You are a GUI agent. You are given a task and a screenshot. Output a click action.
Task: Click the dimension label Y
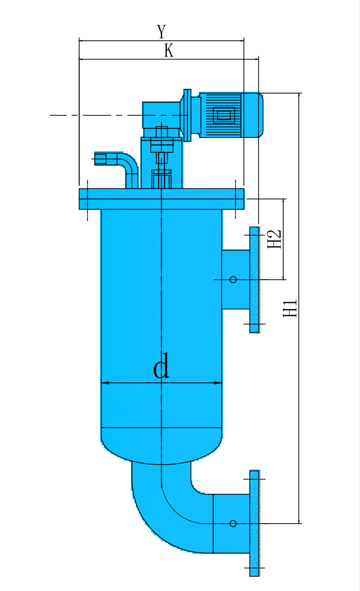point(161,32)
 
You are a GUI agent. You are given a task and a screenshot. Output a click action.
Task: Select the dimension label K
point(169,51)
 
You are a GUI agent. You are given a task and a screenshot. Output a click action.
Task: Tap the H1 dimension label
point(290,308)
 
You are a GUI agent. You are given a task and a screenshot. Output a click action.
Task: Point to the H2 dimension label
point(274,239)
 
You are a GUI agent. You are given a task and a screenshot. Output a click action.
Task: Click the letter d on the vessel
point(161,367)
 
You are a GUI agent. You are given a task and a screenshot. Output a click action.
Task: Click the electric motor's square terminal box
point(224,116)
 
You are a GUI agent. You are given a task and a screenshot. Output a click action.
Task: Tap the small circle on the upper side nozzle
point(233,280)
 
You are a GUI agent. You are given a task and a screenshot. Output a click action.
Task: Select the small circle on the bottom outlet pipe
point(233,523)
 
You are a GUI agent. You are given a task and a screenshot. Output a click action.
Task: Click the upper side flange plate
point(254,280)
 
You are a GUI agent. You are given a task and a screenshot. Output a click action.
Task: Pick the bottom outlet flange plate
point(254,523)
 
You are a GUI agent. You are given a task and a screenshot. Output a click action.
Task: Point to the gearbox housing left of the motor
point(161,115)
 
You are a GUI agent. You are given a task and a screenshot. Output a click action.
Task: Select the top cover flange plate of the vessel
point(161,199)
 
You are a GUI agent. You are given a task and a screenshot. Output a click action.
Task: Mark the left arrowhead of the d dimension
point(104,383)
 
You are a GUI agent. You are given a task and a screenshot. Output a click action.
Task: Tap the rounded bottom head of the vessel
point(161,446)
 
